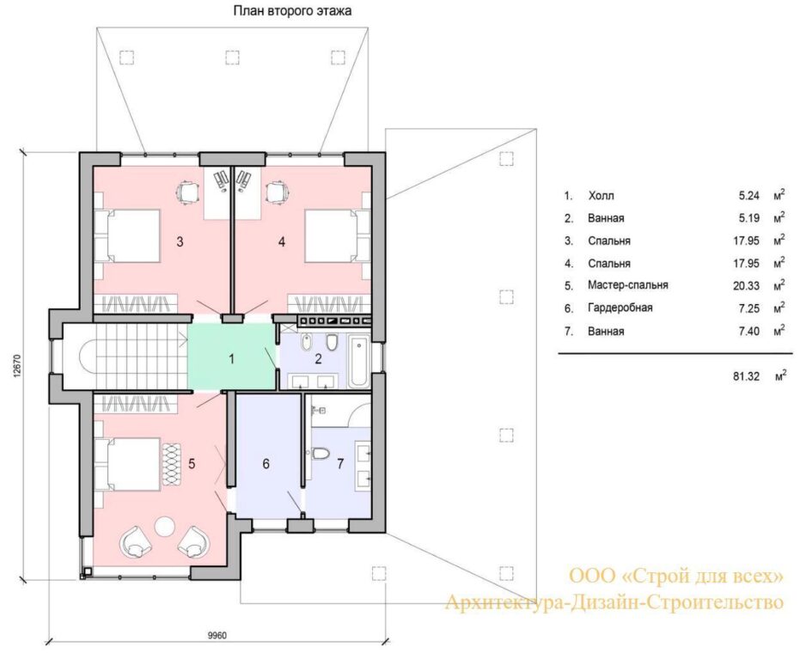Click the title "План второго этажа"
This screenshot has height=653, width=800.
tap(292, 10)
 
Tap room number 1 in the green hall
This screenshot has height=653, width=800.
tap(232, 359)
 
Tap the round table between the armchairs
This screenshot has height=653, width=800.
tap(165, 527)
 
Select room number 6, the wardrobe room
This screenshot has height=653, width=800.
tap(266, 464)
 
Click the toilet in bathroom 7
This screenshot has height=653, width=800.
tap(321, 453)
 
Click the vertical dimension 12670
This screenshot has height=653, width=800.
tap(18, 366)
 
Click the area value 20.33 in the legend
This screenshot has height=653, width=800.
tap(747, 285)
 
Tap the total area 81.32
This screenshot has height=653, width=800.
tap(747, 376)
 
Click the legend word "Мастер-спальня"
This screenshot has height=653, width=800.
tap(627, 285)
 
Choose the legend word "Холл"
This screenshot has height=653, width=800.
tap(601, 196)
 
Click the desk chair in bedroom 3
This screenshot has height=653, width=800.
tap(186, 192)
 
